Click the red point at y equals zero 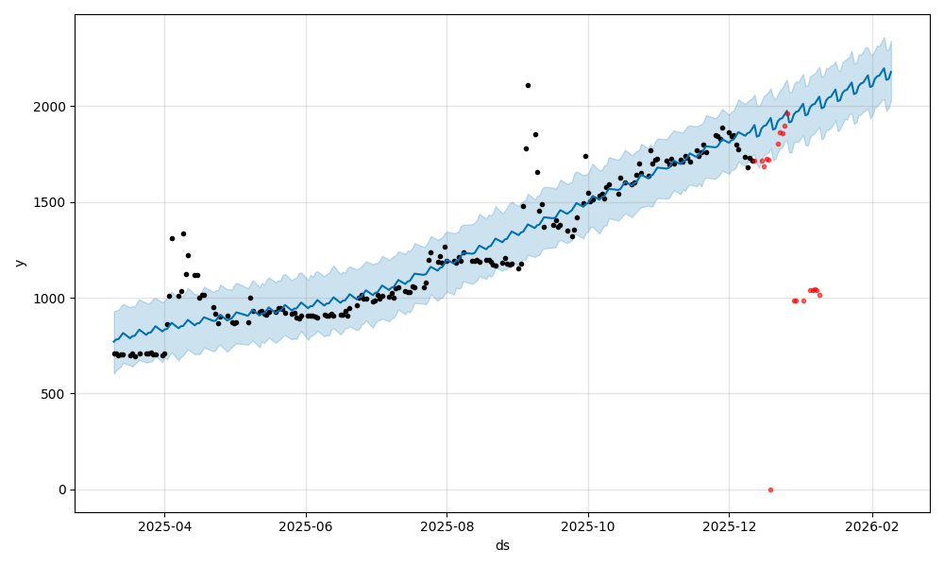pos(770,490)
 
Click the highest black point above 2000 pos(528,85)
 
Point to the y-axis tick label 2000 pos(52,107)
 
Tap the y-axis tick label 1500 pos(52,202)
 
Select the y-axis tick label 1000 pos(52,299)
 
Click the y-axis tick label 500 pos(56,394)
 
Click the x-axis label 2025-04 pos(164,525)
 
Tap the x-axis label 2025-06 pos(307,525)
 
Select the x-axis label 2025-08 pos(447,525)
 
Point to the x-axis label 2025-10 pos(588,525)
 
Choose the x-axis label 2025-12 pos(730,525)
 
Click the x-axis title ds pos(502,545)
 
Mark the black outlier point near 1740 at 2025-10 pos(585,157)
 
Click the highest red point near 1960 pos(787,113)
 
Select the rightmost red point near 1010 pos(819,296)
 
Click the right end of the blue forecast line pos(890,72)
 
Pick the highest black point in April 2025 pos(183,233)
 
